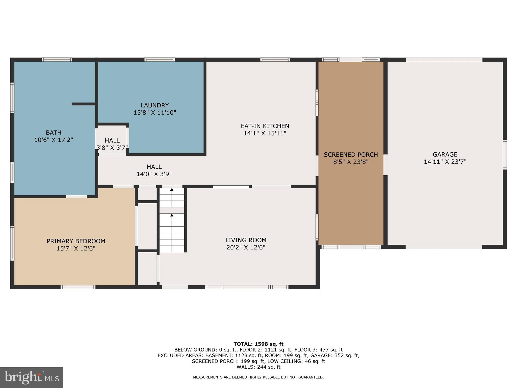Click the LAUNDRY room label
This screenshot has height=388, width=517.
point(154,105)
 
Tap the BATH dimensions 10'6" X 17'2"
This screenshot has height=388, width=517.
point(54,140)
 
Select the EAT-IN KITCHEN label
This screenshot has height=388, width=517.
point(265,126)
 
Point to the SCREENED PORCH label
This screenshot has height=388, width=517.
point(351,155)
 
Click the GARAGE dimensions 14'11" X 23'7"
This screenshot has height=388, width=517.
point(445,162)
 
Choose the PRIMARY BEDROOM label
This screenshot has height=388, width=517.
point(76,241)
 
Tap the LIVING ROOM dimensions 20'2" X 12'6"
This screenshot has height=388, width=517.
point(246,247)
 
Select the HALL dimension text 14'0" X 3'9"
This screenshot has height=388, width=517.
point(154,174)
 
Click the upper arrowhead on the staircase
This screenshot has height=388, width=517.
point(172,189)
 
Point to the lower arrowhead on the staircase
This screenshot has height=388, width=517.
point(172,215)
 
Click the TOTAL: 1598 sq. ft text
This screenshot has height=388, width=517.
point(258,344)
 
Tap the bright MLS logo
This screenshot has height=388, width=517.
point(32,377)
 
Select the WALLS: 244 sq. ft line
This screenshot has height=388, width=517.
point(258,367)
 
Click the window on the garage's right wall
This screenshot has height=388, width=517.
point(504,155)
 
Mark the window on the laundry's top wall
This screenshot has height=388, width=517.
point(160,60)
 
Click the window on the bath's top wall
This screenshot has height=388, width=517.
point(57,60)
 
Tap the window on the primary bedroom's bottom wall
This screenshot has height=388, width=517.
point(78,287)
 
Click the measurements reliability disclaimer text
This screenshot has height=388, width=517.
point(258,377)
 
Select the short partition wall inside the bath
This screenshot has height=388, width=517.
point(83,104)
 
